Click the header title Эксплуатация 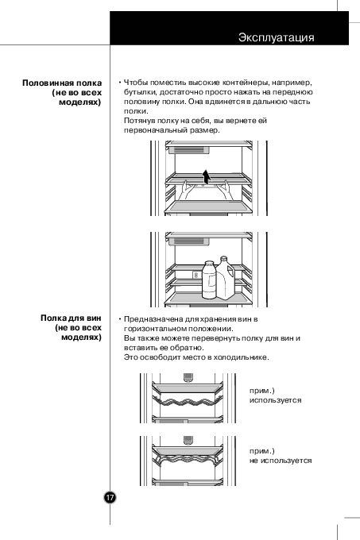(276, 37)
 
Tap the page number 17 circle (110, 497)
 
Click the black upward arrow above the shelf (206, 177)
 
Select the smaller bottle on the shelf (209, 280)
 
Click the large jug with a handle (226, 278)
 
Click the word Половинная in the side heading (48, 83)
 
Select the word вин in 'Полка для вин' (94, 318)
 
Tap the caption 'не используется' (281, 461)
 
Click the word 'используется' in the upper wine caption (276, 400)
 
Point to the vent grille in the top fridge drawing (188, 150)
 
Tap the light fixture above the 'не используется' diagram (188, 441)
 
